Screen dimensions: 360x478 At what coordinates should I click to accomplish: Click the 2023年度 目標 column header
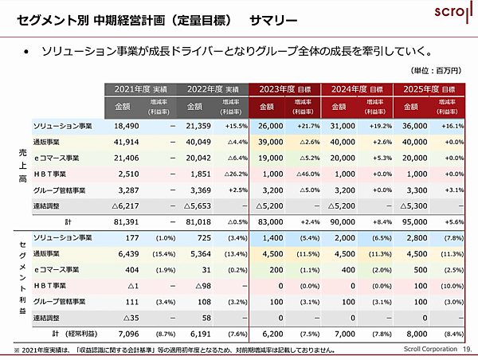(x=284, y=89)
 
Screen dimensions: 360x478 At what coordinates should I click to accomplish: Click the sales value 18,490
(x=127, y=127)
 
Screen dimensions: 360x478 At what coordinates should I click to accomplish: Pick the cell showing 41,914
(x=127, y=142)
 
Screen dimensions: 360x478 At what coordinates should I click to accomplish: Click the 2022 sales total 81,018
(x=199, y=222)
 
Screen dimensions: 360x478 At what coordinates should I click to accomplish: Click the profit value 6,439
(x=127, y=254)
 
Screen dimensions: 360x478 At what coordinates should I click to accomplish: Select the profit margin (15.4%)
(x=163, y=254)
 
